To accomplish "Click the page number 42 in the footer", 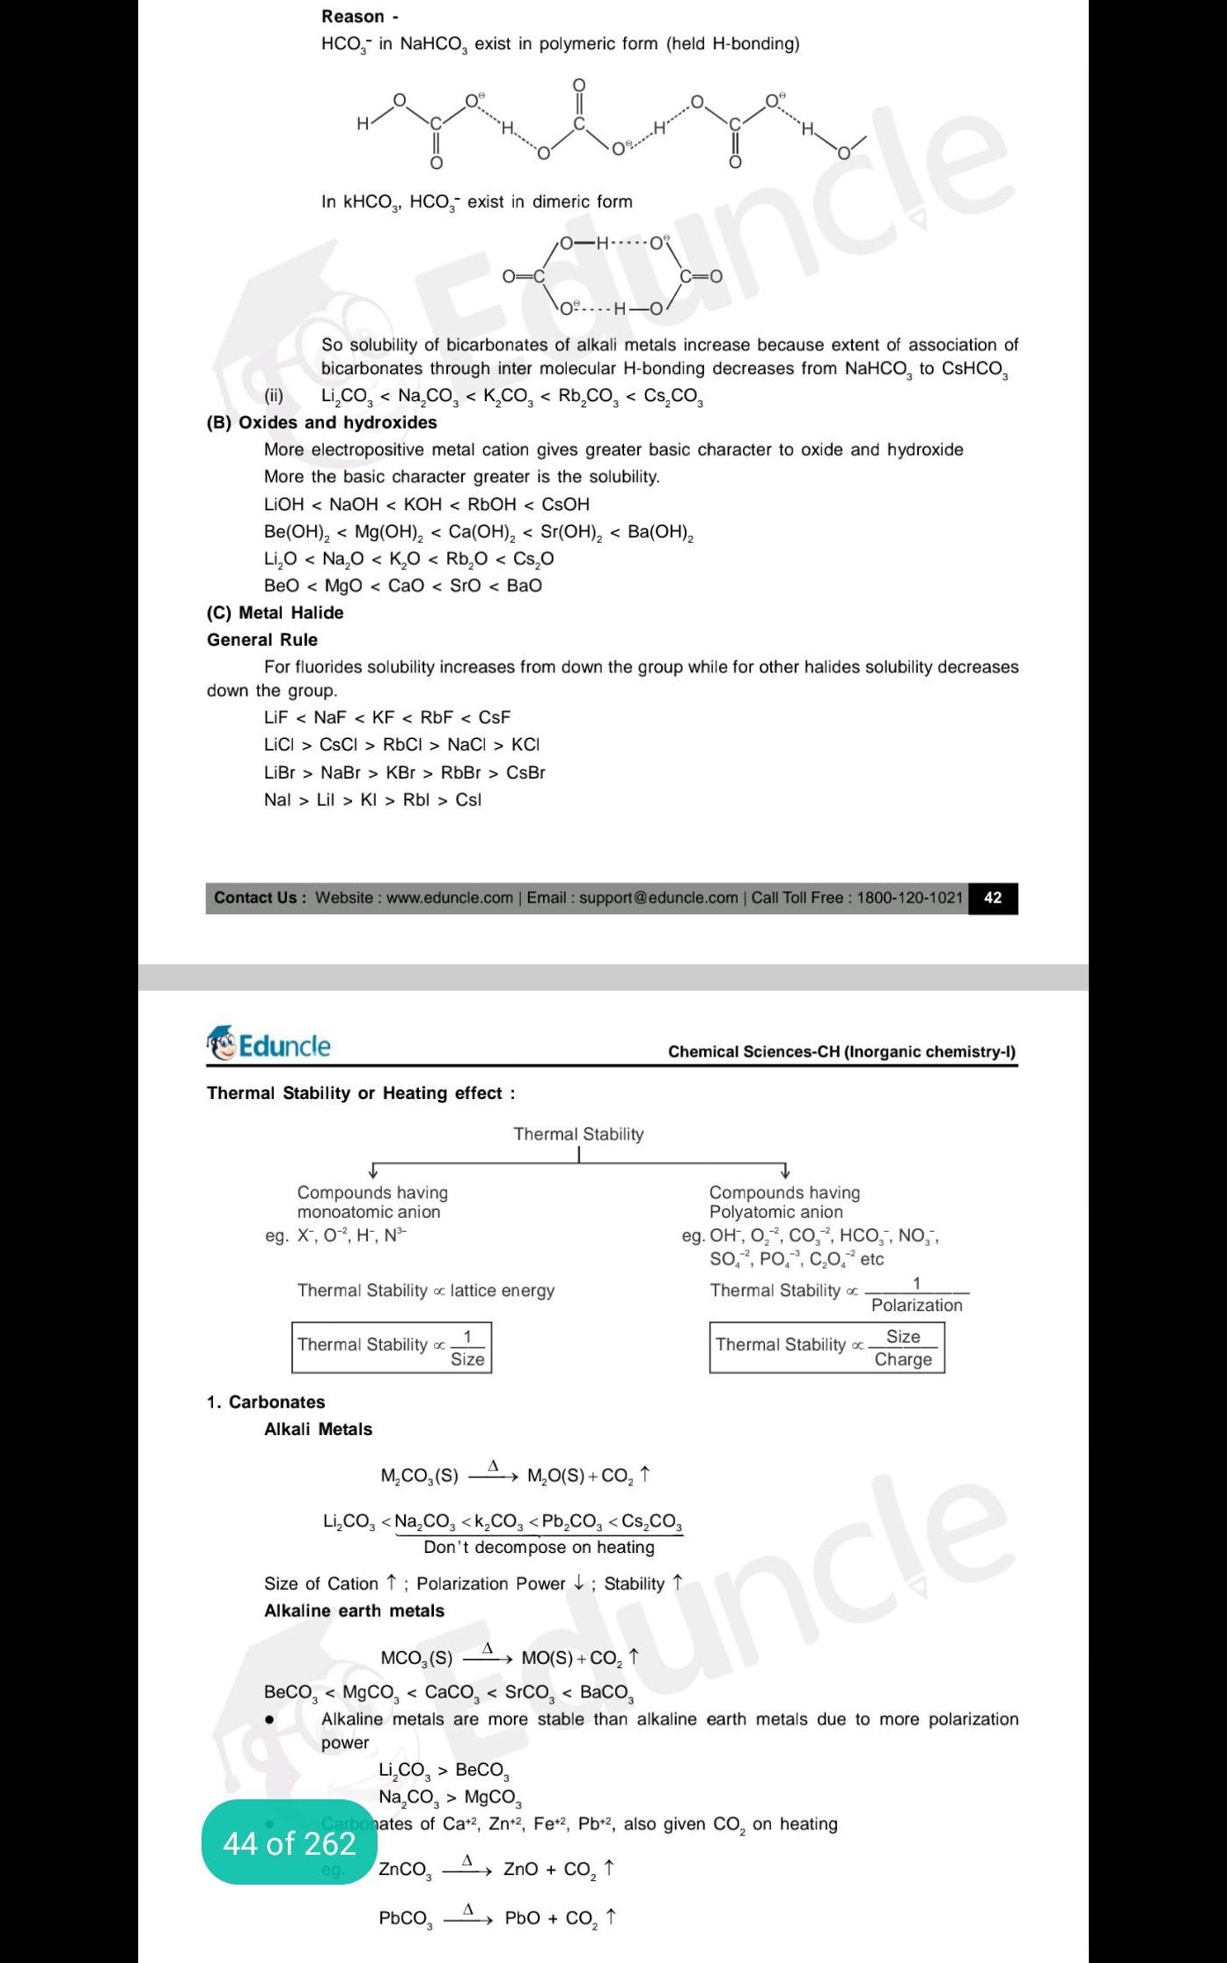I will (x=992, y=898).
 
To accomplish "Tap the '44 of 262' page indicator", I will (x=289, y=1843).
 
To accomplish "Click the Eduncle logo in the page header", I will (x=269, y=1045).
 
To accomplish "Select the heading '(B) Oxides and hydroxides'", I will (x=321, y=422).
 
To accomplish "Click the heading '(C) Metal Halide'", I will (x=275, y=612).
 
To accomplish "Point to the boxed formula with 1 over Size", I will (x=391, y=1347).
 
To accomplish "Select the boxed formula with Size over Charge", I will (x=826, y=1347).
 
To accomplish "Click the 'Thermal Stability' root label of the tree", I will (x=578, y=1134).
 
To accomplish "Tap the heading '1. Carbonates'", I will (x=266, y=1402).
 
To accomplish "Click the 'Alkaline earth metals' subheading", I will (x=354, y=1610).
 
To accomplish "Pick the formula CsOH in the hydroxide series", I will (x=565, y=504).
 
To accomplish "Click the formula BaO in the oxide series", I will (x=524, y=585).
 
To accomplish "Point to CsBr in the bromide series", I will (x=525, y=773).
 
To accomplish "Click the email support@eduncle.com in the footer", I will (x=658, y=898).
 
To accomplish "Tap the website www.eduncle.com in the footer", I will (x=449, y=898).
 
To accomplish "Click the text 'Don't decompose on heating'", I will (x=539, y=1547).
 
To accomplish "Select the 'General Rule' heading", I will (x=262, y=640).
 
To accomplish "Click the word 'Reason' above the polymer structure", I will (x=353, y=17).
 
